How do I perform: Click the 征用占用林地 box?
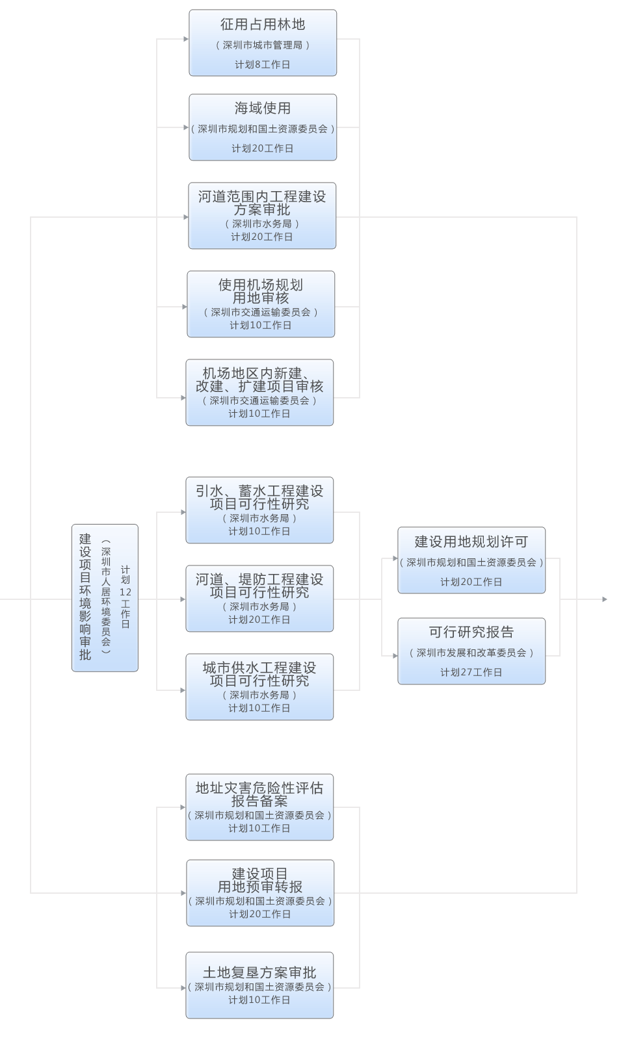(263, 43)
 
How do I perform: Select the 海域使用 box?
(263, 127)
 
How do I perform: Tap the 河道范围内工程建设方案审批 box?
(262, 216)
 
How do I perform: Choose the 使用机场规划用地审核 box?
(261, 304)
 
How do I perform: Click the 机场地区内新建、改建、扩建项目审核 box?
(259, 393)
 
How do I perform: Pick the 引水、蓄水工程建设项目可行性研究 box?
(259, 510)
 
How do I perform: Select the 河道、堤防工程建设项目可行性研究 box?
(259, 599)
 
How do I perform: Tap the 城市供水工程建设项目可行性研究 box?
(259, 687)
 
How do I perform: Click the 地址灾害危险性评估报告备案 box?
(259, 807)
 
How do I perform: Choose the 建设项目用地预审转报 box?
(260, 893)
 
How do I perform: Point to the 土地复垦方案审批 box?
(259, 985)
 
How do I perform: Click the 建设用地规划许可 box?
(471, 560)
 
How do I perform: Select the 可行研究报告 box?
(471, 651)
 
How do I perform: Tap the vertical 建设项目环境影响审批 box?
(105, 598)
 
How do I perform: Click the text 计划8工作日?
(263, 64)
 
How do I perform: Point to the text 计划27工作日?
(471, 672)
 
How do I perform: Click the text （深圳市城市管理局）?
(263, 45)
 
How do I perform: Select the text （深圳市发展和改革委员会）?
(471, 653)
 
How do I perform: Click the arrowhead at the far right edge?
(605, 599)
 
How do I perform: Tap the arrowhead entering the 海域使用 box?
(185, 127)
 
